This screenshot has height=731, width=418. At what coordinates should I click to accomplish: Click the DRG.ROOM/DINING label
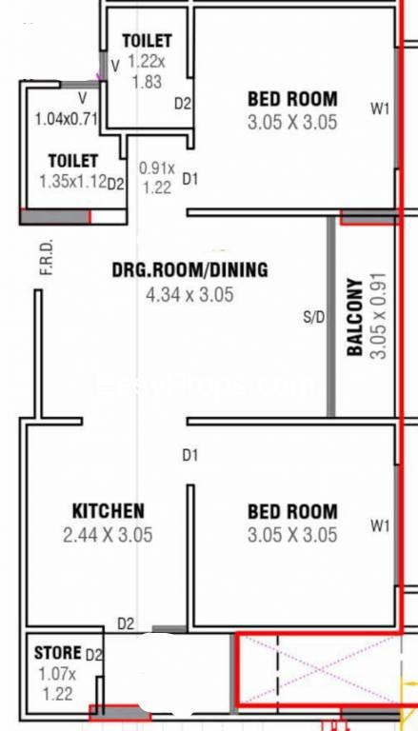coord(190,270)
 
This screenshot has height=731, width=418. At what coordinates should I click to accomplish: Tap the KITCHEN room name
coord(109,511)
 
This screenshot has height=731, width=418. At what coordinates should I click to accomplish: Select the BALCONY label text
coord(356,318)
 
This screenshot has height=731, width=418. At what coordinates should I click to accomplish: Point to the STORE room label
coord(57,653)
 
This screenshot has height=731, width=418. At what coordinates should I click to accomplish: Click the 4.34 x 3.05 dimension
coord(189,295)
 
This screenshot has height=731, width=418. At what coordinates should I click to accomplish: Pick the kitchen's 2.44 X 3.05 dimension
coord(108,535)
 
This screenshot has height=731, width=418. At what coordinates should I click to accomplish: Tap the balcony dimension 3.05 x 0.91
coord(380,315)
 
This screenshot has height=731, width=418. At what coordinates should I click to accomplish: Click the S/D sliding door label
coord(313,318)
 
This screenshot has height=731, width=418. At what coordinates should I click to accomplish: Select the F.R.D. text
coord(47,257)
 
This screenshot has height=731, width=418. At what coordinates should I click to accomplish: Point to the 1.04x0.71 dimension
coord(67,119)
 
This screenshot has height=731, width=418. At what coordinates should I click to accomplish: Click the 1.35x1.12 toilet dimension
coord(73,182)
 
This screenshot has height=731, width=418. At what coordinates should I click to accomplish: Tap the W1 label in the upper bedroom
coord(380,109)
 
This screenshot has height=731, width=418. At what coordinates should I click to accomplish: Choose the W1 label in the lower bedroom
coord(380,525)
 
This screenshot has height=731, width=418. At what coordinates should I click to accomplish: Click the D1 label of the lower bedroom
coord(189,455)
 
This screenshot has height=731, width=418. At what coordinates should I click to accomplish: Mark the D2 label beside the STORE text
coord(93,655)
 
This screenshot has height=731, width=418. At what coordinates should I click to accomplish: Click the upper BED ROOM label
coord(292,99)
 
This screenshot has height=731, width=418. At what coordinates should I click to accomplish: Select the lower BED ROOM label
coord(292,511)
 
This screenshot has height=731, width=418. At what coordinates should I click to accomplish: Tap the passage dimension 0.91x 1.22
coord(157,178)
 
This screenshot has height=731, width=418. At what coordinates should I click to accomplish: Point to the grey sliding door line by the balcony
coord(330,317)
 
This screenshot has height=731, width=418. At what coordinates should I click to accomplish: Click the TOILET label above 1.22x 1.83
coord(147,41)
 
